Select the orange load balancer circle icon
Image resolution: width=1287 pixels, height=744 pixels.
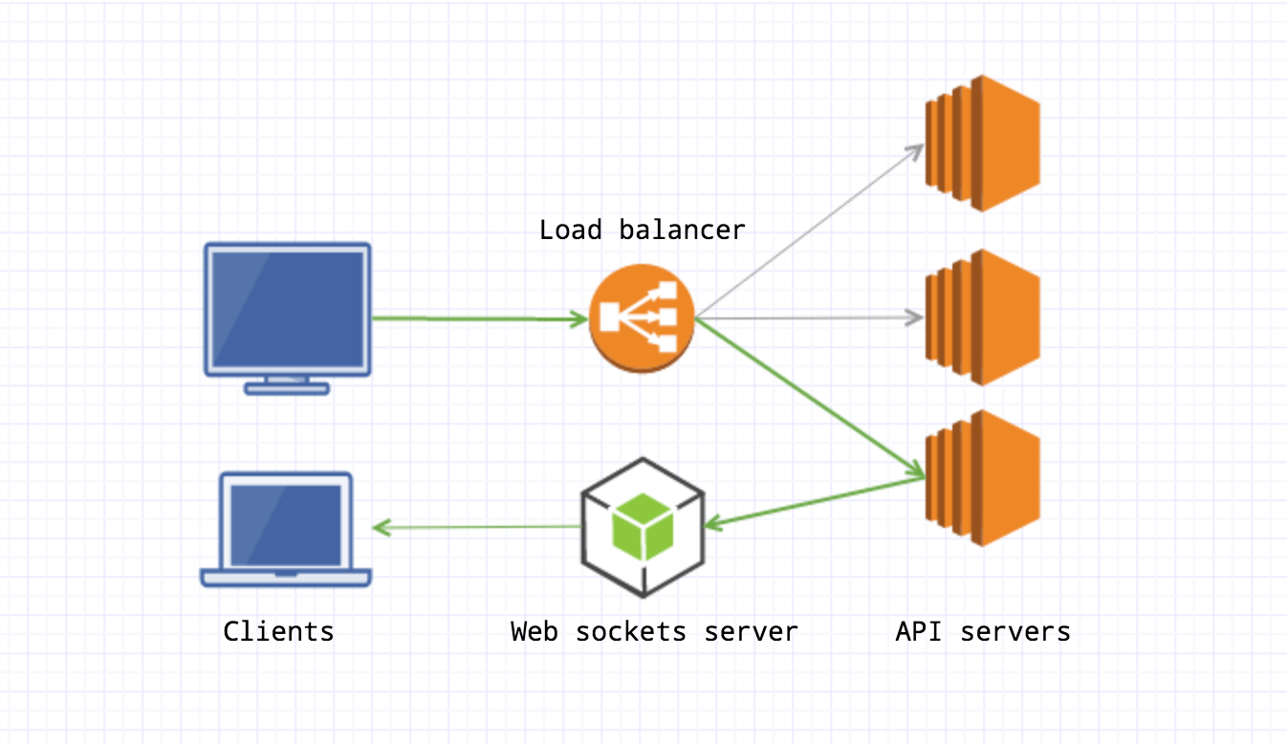(641, 318)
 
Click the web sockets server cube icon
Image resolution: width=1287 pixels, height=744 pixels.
(643, 526)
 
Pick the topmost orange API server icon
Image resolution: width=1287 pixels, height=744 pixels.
(982, 143)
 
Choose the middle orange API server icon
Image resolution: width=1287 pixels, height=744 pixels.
(982, 317)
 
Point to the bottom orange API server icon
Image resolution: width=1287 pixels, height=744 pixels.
(982, 478)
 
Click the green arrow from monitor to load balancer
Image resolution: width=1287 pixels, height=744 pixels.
(478, 318)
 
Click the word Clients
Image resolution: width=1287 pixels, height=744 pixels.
(278, 631)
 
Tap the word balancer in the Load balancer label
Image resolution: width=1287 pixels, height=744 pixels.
(682, 230)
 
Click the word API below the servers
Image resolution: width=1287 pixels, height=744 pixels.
(919, 631)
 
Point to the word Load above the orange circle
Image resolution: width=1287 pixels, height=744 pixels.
(571, 230)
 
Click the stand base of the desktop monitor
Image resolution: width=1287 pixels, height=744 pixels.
(287, 388)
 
